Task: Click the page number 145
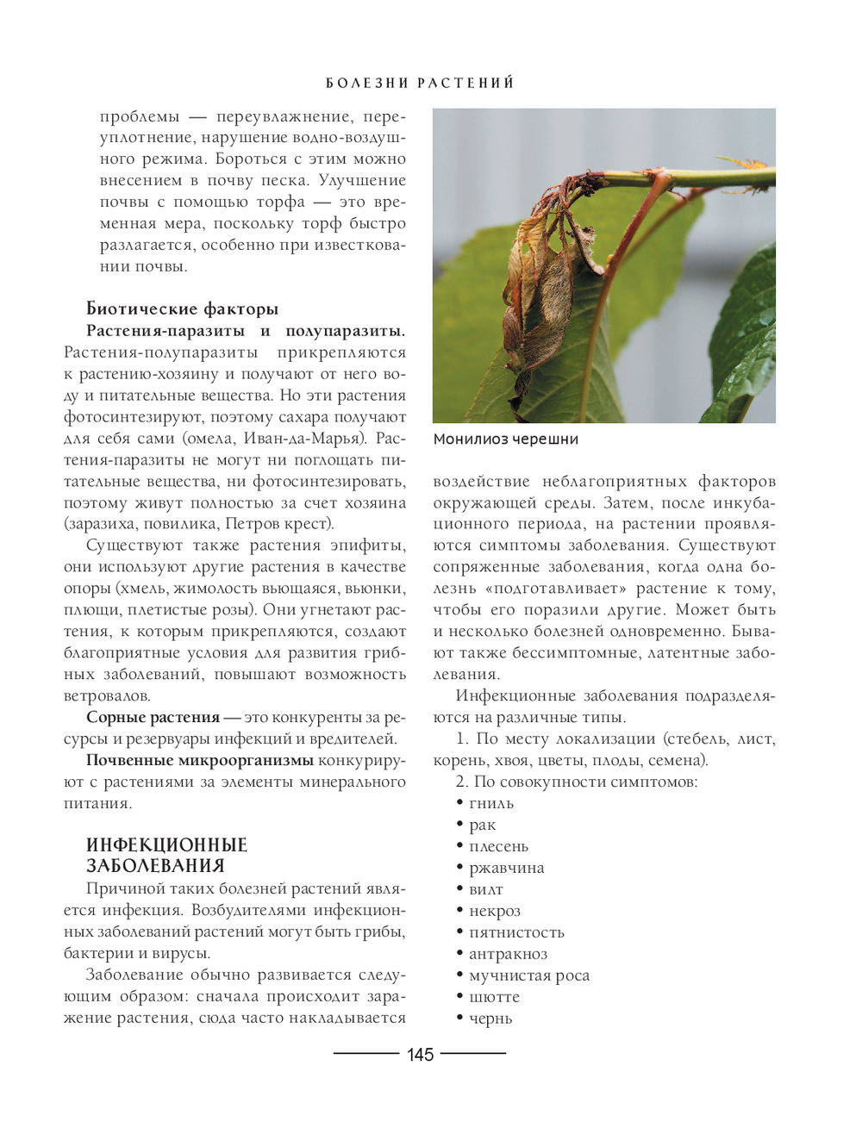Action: click(420, 1055)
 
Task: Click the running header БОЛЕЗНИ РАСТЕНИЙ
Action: click(420, 83)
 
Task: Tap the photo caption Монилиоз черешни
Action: click(505, 439)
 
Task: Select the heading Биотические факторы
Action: click(182, 309)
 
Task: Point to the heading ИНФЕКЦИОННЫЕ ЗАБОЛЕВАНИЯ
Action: click(166, 856)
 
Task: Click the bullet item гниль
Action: click(491, 804)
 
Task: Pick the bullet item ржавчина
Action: click(506, 869)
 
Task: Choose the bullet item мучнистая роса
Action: click(528, 975)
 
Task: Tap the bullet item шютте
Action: click(494, 997)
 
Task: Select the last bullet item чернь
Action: click(490, 1019)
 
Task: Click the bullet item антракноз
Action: click(508, 954)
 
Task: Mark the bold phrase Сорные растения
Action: click(153, 718)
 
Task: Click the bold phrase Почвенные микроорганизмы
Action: click(199, 761)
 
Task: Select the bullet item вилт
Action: click(485, 890)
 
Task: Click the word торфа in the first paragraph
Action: click(280, 202)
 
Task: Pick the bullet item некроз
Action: click(494, 912)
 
